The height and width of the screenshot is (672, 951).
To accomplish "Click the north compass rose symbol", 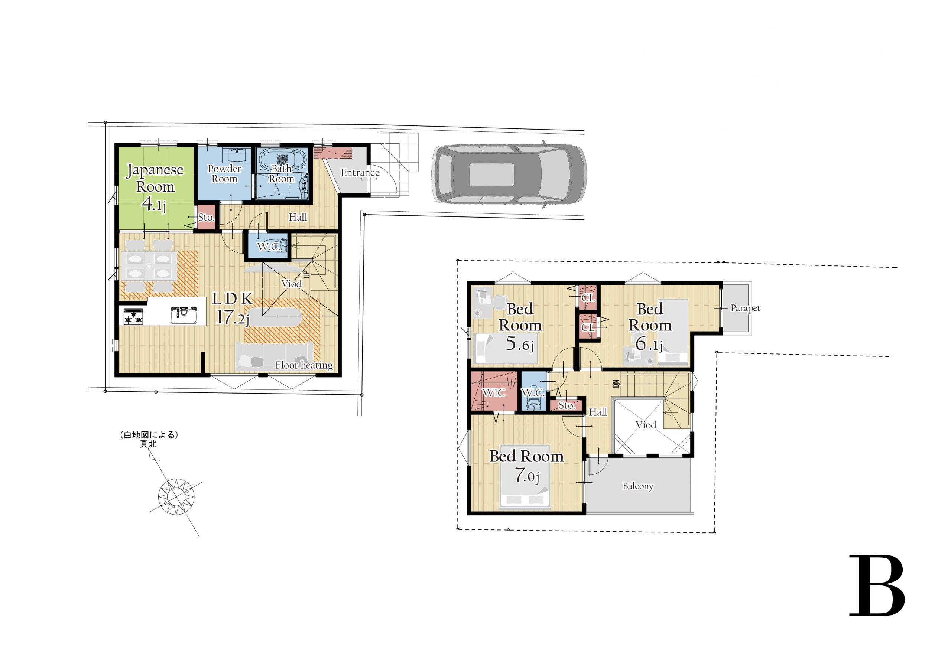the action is pos(176,496).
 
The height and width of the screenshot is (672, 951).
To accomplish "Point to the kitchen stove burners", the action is pos(133,317).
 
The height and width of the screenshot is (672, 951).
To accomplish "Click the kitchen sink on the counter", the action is pos(184,315).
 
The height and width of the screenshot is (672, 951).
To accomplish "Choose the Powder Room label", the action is pos(224,174).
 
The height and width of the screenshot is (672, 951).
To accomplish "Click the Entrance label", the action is pos(360,173).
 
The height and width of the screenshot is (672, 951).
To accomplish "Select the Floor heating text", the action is pos(304,365).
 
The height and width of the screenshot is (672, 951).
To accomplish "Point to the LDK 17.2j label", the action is pos(233,309).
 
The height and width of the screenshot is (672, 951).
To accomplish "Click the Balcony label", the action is pos(638,486).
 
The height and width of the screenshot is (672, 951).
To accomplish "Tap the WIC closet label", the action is pos(493,392).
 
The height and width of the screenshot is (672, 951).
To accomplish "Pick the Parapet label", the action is pos(745,308).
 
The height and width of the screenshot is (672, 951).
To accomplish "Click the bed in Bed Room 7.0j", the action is pos(525,477).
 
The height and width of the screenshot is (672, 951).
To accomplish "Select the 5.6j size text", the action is pos(519,344).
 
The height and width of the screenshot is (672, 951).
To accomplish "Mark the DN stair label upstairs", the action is pos(616,384).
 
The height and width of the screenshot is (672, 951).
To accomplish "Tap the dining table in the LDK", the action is pos(149,265).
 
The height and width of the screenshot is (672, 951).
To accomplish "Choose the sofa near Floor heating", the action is pos(274,356).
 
